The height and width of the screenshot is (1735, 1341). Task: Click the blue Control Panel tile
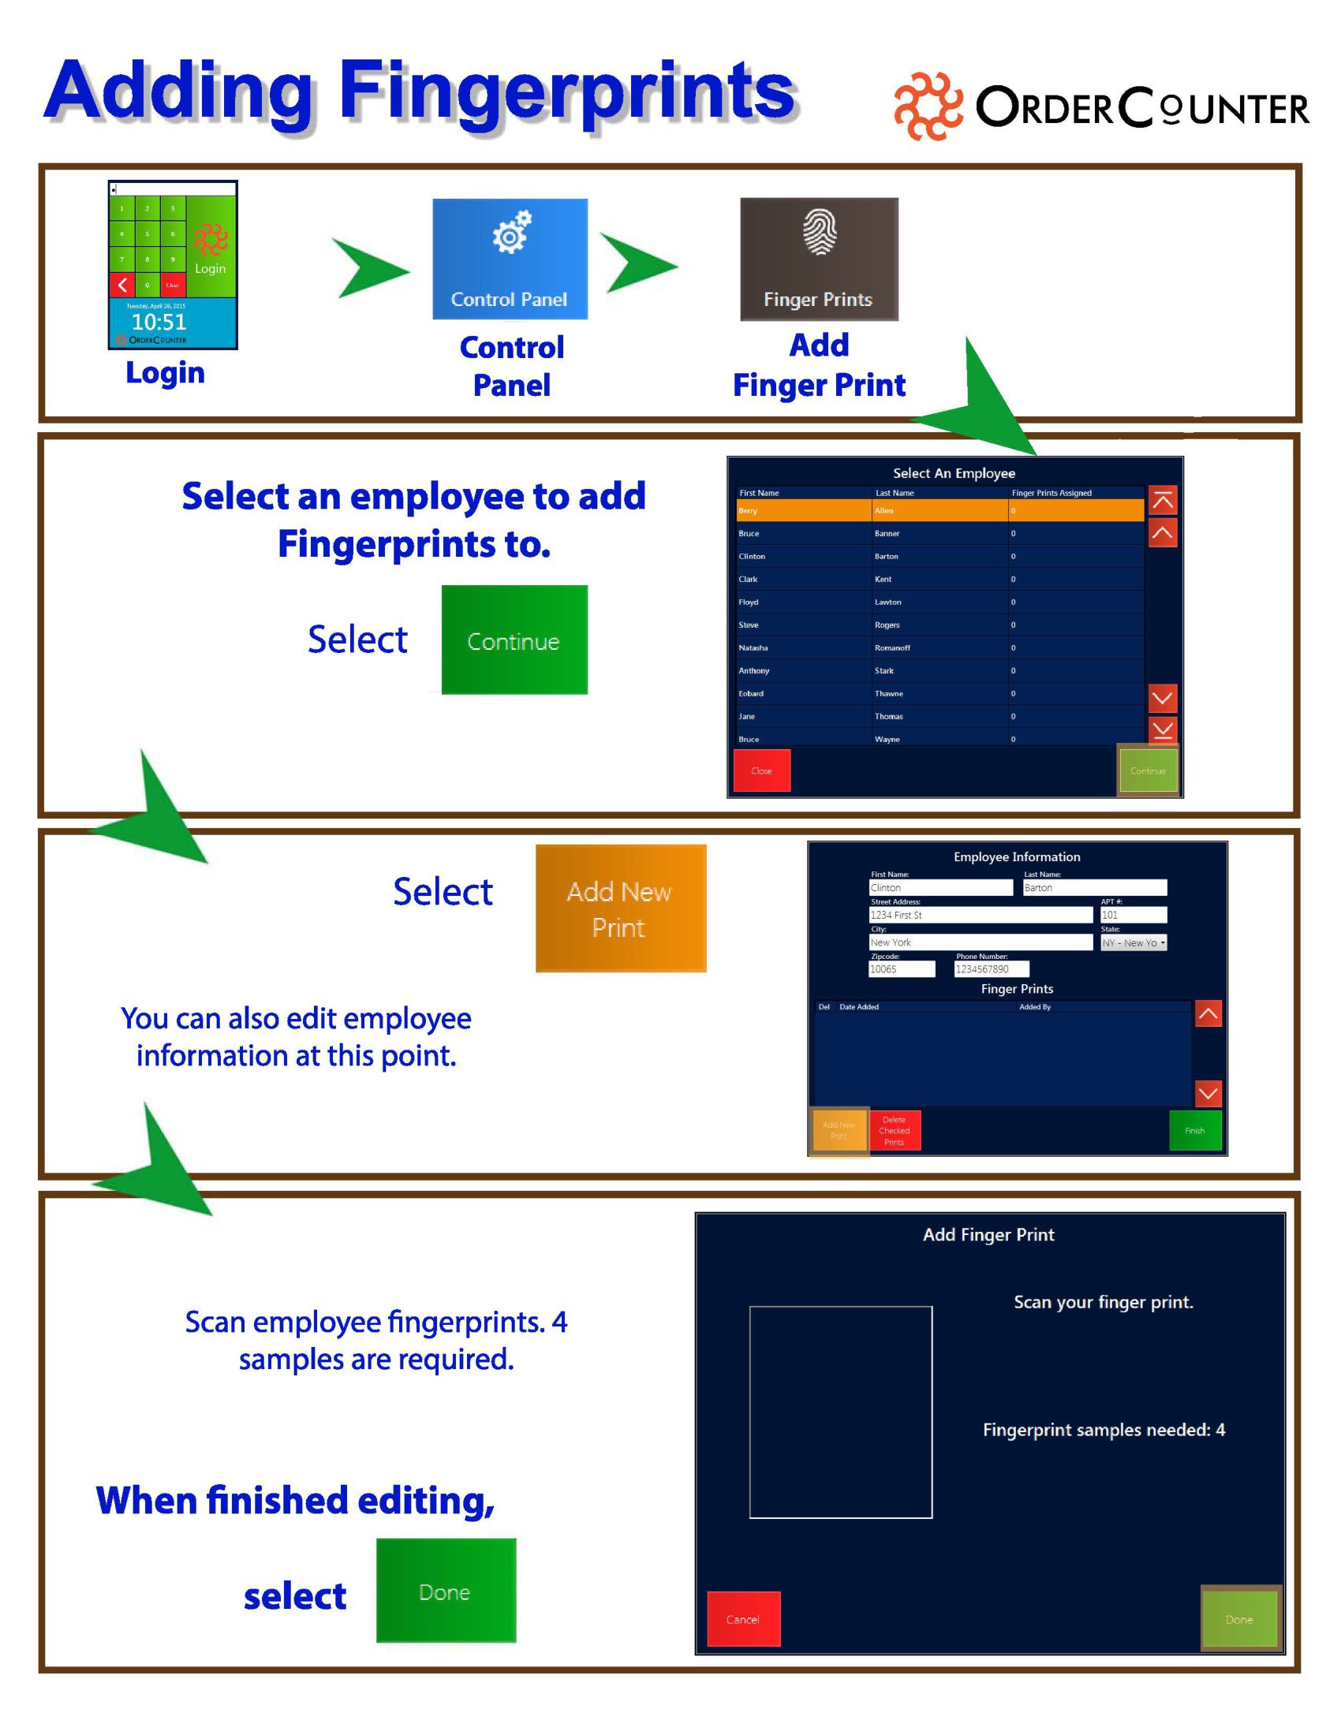point(510,259)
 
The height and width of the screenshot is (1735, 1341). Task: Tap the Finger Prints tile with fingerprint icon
point(818,259)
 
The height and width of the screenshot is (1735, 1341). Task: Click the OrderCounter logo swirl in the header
point(927,106)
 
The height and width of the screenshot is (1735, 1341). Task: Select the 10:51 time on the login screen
point(159,322)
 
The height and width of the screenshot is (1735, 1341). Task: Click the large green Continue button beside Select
point(514,640)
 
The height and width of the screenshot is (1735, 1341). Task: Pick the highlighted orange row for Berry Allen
point(939,511)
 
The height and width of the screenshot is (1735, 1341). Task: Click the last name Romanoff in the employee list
point(892,647)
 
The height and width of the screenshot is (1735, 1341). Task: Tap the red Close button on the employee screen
point(761,770)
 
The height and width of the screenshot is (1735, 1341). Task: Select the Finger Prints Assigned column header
point(1051,493)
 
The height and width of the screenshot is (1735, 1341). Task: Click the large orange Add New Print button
point(620,908)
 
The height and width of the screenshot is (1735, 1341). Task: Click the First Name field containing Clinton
point(940,887)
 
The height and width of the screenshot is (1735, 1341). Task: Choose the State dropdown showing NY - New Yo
point(1133,943)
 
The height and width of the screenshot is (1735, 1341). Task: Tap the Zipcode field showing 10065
point(901,969)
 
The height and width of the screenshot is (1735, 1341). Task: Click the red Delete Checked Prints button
point(894,1130)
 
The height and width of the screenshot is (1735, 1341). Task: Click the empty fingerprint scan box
point(840,1412)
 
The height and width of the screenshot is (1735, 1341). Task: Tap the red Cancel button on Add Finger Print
point(743,1619)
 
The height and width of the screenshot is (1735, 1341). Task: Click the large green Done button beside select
point(445,1591)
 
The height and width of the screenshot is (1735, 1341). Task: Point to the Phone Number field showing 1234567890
point(991,969)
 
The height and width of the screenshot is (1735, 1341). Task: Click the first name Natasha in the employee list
point(753,647)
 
